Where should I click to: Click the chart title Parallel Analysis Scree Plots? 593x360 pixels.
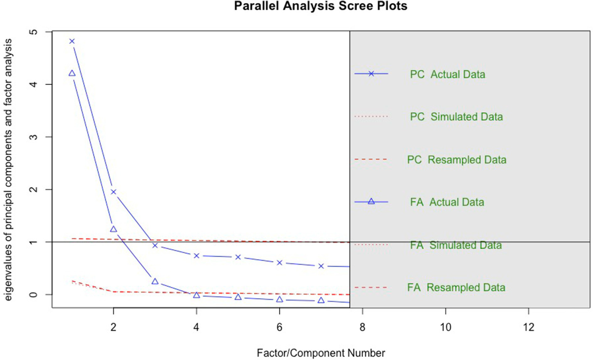coord(320,6)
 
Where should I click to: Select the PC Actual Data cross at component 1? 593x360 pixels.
coord(72,41)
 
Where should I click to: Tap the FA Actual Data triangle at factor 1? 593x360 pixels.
coord(72,73)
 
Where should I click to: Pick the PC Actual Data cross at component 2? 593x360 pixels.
coord(113,192)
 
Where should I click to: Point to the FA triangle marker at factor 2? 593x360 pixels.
coord(113,229)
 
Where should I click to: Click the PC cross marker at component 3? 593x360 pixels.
coord(155,245)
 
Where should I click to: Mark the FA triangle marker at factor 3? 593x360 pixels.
coord(155,282)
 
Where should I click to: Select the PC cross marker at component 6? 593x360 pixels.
coord(279,263)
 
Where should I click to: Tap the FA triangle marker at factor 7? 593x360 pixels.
coord(321,300)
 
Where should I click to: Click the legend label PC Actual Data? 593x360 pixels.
coord(447,74)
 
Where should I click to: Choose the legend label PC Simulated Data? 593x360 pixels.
coord(456,117)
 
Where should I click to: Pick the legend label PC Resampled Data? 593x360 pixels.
coord(456,160)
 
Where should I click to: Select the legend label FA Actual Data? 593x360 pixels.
coord(447,202)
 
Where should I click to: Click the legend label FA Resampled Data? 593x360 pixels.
coord(456,287)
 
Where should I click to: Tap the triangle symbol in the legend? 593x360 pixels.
coord(371,201)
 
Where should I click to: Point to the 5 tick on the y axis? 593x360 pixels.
coord(34,32)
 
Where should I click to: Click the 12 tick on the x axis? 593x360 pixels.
coord(528,328)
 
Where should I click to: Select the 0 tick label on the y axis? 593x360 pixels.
coord(34,294)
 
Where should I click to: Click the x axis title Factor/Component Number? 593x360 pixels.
coord(321,353)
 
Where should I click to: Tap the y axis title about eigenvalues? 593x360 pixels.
coord(8,170)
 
